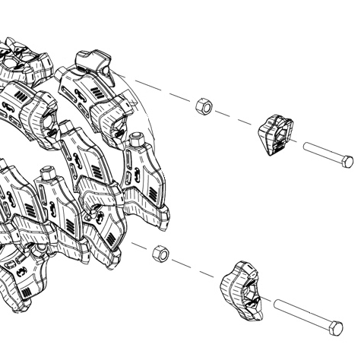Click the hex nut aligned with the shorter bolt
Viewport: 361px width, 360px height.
tap(203, 106)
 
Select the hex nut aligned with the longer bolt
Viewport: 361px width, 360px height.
tap(160, 253)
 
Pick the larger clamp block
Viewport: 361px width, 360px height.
tap(241, 288)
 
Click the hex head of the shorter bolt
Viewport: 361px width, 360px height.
tap(347, 161)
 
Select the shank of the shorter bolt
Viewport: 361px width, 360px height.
tap(322, 153)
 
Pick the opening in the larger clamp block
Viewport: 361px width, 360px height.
tap(249, 290)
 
